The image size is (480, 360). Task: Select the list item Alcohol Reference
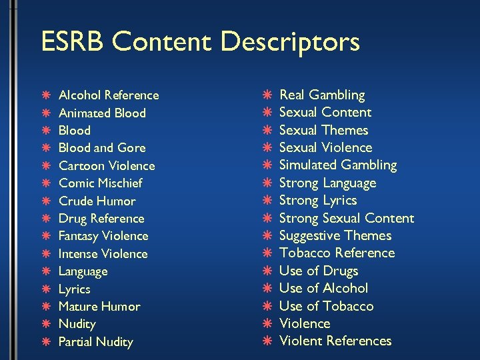coord(109,95)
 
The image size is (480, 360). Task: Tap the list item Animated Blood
coord(102,113)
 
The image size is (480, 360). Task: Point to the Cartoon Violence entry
coord(107,166)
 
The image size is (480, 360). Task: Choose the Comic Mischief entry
coord(100,183)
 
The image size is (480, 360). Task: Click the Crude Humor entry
coord(97,201)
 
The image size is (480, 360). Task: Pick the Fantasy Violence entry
coord(103,236)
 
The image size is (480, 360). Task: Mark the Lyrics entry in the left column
coord(75,289)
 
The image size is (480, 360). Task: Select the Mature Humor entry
coord(99,307)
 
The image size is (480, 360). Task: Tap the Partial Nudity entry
coord(96,342)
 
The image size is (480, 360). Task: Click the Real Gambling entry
coord(322,95)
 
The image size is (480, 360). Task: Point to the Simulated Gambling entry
coord(338,165)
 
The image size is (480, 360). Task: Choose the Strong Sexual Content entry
coord(347,218)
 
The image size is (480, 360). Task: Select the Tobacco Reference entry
coord(337,253)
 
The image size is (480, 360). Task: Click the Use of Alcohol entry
coord(323,288)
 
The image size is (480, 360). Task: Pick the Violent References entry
coord(335,341)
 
